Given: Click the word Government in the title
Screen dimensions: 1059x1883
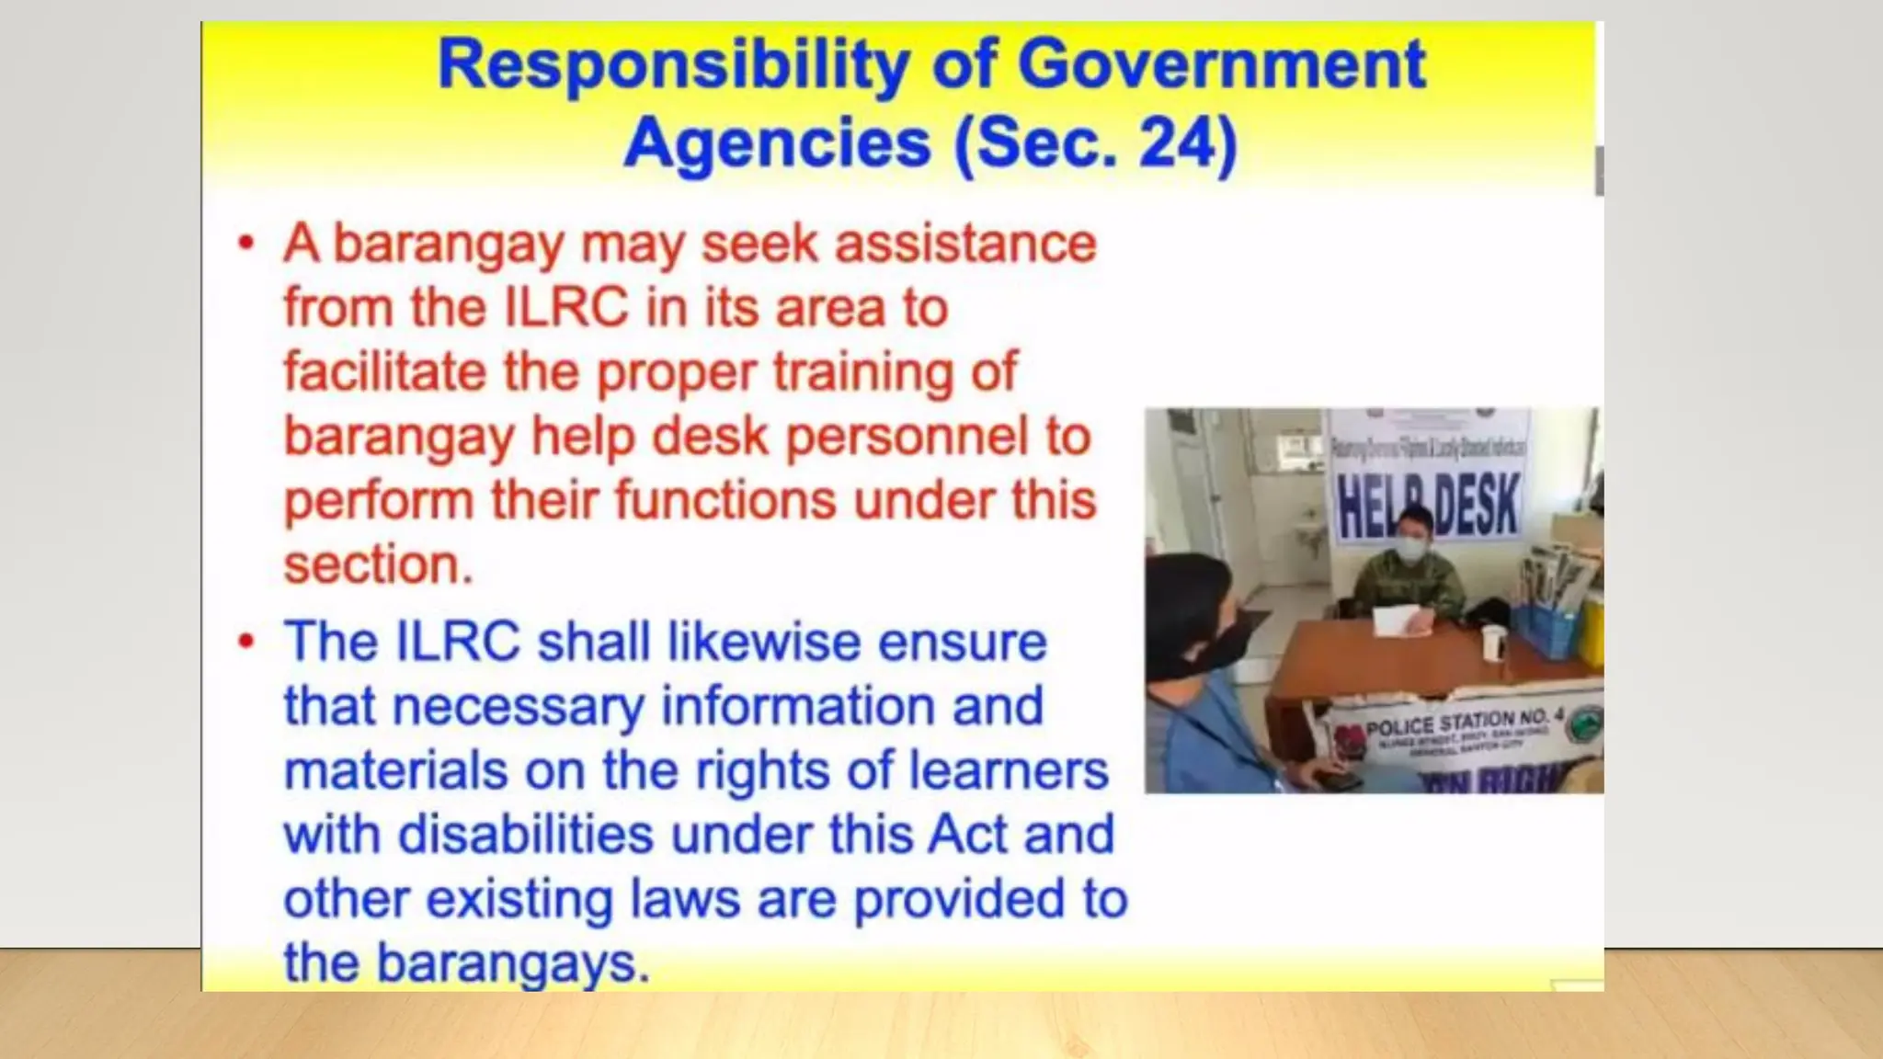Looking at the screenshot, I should coord(1221,64).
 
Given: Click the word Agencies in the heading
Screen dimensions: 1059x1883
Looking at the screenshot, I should coord(777,143).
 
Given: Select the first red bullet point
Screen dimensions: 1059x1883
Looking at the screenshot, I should coord(245,244).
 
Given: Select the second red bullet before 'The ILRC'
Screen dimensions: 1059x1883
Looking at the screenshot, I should coord(245,641).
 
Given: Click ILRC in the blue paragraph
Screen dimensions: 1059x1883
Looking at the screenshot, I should coord(457,641).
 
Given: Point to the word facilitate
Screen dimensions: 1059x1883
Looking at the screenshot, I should coord(384,371).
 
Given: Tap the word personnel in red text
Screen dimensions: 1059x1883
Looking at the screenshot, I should coord(907,436).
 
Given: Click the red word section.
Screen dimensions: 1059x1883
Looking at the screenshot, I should coord(377,564).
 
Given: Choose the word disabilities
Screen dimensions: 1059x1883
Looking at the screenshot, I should coord(525,835).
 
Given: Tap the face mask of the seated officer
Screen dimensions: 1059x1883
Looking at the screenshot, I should coord(1409,550).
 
